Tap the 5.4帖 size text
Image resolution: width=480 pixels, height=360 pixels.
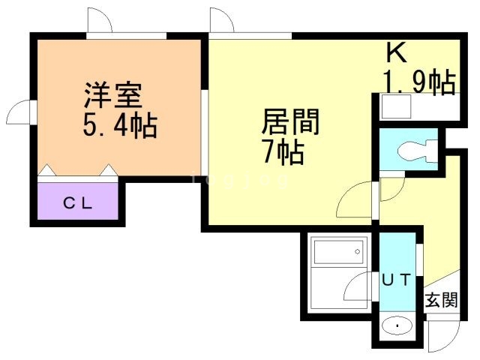tap(119, 125)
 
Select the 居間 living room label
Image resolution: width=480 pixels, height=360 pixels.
tap(290, 122)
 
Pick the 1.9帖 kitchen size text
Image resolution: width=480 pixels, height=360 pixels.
tap(419, 82)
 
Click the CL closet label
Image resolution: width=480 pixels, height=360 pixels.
tap(77, 202)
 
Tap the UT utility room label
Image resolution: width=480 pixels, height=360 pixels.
tap(397, 280)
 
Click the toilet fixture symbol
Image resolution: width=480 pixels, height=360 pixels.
tap(415, 150)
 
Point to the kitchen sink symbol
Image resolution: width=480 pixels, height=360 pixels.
tap(391, 108)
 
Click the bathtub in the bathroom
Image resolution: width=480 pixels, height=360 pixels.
tap(339, 251)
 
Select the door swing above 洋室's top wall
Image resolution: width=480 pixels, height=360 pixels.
tap(100, 21)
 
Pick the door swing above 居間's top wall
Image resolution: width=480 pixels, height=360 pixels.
tap(223, 21)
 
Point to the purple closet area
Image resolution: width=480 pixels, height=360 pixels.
tap(77, 202)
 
